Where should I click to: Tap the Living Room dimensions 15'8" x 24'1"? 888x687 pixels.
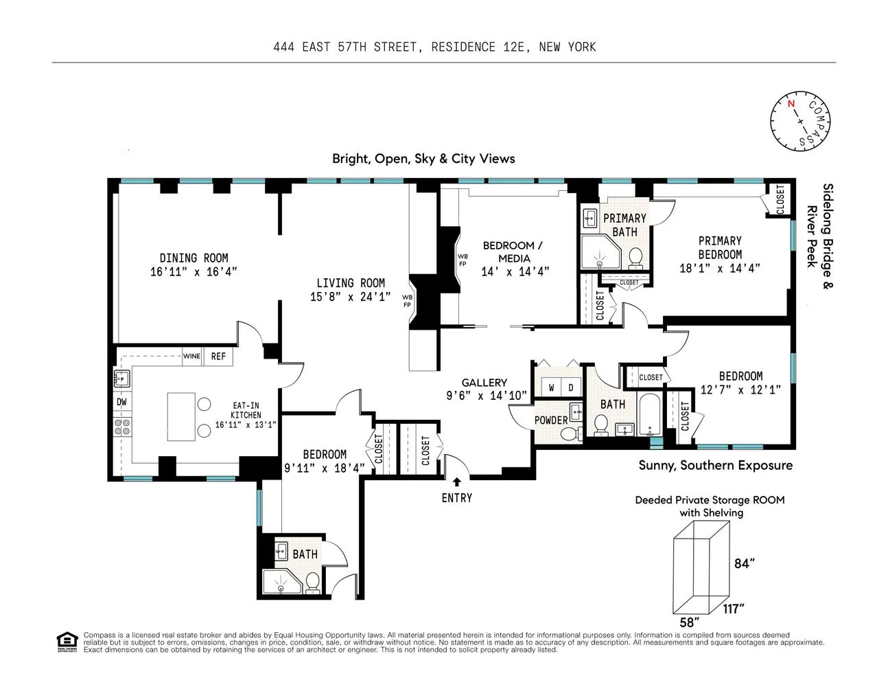point(350,297)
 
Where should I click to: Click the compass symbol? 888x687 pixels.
point(800,122)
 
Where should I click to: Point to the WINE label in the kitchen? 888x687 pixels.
point(191,357)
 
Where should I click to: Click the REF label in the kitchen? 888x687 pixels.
point(218,357)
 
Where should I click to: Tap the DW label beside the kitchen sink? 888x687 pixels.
point(121,402)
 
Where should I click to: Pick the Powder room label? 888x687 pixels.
point(551,420)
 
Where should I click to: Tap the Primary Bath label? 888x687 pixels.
point(624,225)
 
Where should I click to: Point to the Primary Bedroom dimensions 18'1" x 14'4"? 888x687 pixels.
point(720,269)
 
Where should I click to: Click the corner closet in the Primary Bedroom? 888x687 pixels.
point(780,199)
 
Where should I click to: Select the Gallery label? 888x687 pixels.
point(484,383)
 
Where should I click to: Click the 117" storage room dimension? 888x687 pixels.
point(733,609)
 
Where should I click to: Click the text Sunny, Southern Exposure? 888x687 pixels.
point(715,465)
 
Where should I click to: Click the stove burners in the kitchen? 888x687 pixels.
point(122,427)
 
